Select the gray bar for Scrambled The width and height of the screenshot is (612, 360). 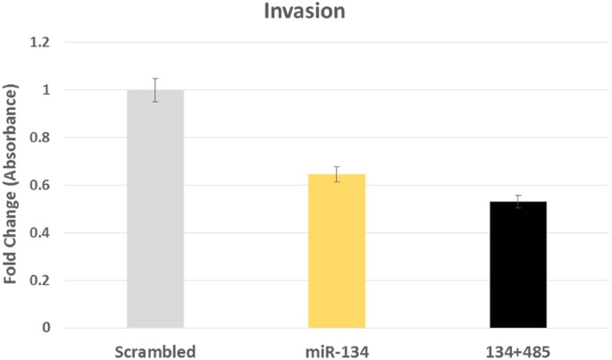pyautogui.click(x=155, y=209)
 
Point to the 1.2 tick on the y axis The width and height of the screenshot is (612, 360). pyautogui.click(x=40, y=43)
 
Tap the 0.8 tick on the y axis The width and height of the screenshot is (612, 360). pyautogui.click(x=40, y=138)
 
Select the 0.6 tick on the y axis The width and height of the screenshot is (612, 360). pyautogui.click(x=40, y=185)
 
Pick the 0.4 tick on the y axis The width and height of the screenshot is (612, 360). pyautogui.click(x=40, y=232)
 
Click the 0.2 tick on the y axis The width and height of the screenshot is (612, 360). pyautogui.click(x=40, y=280)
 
